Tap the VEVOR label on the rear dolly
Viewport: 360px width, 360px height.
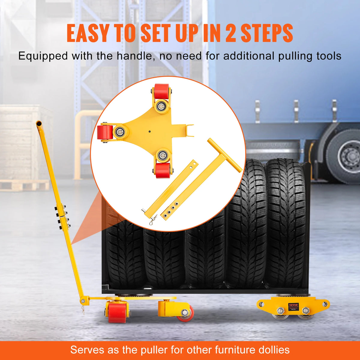[293, 305]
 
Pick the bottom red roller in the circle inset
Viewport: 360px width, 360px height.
[163, 170]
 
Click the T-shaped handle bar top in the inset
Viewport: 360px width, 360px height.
[225, 155]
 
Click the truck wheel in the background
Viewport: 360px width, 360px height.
[345, 156]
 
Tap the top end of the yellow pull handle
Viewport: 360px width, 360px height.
[39, 123]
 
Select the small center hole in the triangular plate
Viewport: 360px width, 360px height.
[149, 131]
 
